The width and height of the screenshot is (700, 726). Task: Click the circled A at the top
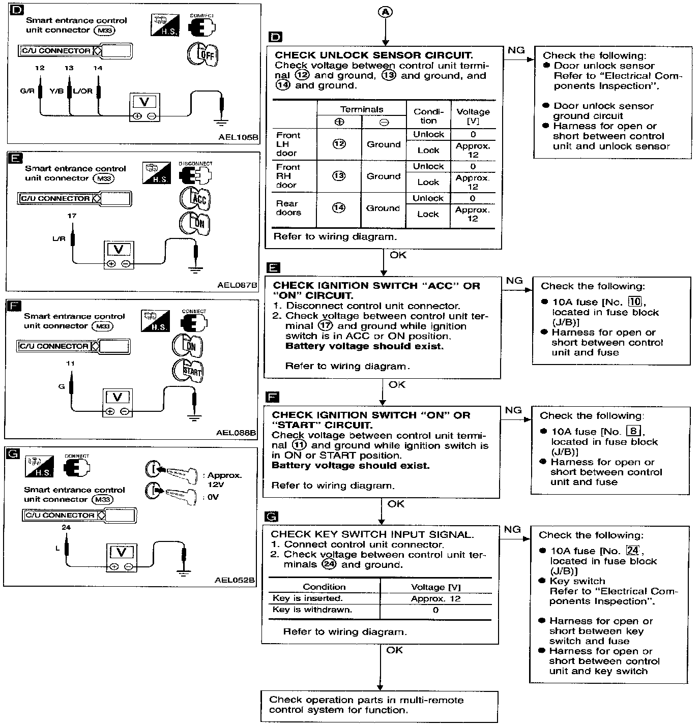coord(386,12)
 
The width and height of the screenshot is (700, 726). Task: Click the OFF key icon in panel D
coord(202,54)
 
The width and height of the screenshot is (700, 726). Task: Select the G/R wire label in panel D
coord(27,92)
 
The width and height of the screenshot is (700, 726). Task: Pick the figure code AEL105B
coord(239,137)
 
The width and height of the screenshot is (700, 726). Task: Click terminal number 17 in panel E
coord(72,216)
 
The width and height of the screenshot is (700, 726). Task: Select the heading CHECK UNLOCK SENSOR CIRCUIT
coord(373,55)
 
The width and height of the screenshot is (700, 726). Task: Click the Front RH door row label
coord(288,176)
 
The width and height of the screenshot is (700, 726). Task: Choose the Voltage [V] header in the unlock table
coord(473,116)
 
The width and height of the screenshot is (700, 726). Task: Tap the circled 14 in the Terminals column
coord(338,208)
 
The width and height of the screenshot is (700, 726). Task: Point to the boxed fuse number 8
coord(633,432)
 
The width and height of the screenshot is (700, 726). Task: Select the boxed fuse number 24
coord(632,551)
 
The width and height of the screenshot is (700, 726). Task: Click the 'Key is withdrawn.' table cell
coord(312,610)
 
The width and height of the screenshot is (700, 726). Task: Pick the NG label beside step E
coord(514,281)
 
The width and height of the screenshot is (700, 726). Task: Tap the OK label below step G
coord(394,650)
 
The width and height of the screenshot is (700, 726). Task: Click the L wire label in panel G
coord(57,549)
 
